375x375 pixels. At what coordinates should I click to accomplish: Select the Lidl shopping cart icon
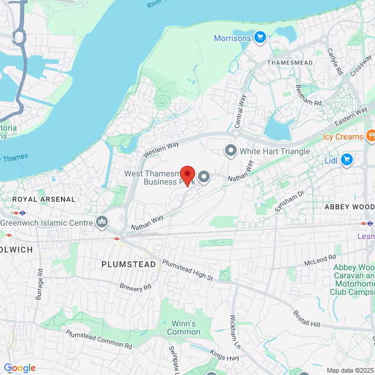(347, 159)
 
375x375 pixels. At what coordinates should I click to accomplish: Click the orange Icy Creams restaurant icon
(370, 137)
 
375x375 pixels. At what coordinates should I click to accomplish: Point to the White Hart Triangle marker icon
(231, 151)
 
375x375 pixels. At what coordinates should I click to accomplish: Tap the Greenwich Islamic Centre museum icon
(103, 222)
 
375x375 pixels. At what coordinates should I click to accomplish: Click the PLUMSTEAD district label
(129, 264)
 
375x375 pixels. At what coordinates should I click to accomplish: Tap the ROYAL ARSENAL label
(45, 199)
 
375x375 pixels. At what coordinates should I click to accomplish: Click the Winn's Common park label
(183, 328)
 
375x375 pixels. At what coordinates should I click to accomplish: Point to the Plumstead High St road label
(187, 270)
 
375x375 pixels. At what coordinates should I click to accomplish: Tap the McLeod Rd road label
(321, 258)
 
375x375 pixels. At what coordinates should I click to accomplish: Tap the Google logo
(19, 367)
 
